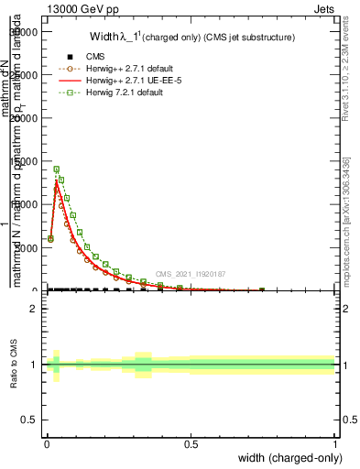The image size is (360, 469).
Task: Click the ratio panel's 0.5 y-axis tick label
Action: tap(28, 418)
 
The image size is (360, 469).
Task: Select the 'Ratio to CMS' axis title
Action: tap(14, 365)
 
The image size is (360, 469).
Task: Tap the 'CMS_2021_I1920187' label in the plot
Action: tap(190, 273)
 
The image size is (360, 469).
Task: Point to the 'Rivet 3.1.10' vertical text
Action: tap(348, 69)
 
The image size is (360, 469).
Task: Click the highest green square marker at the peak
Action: tap(57, 169)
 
